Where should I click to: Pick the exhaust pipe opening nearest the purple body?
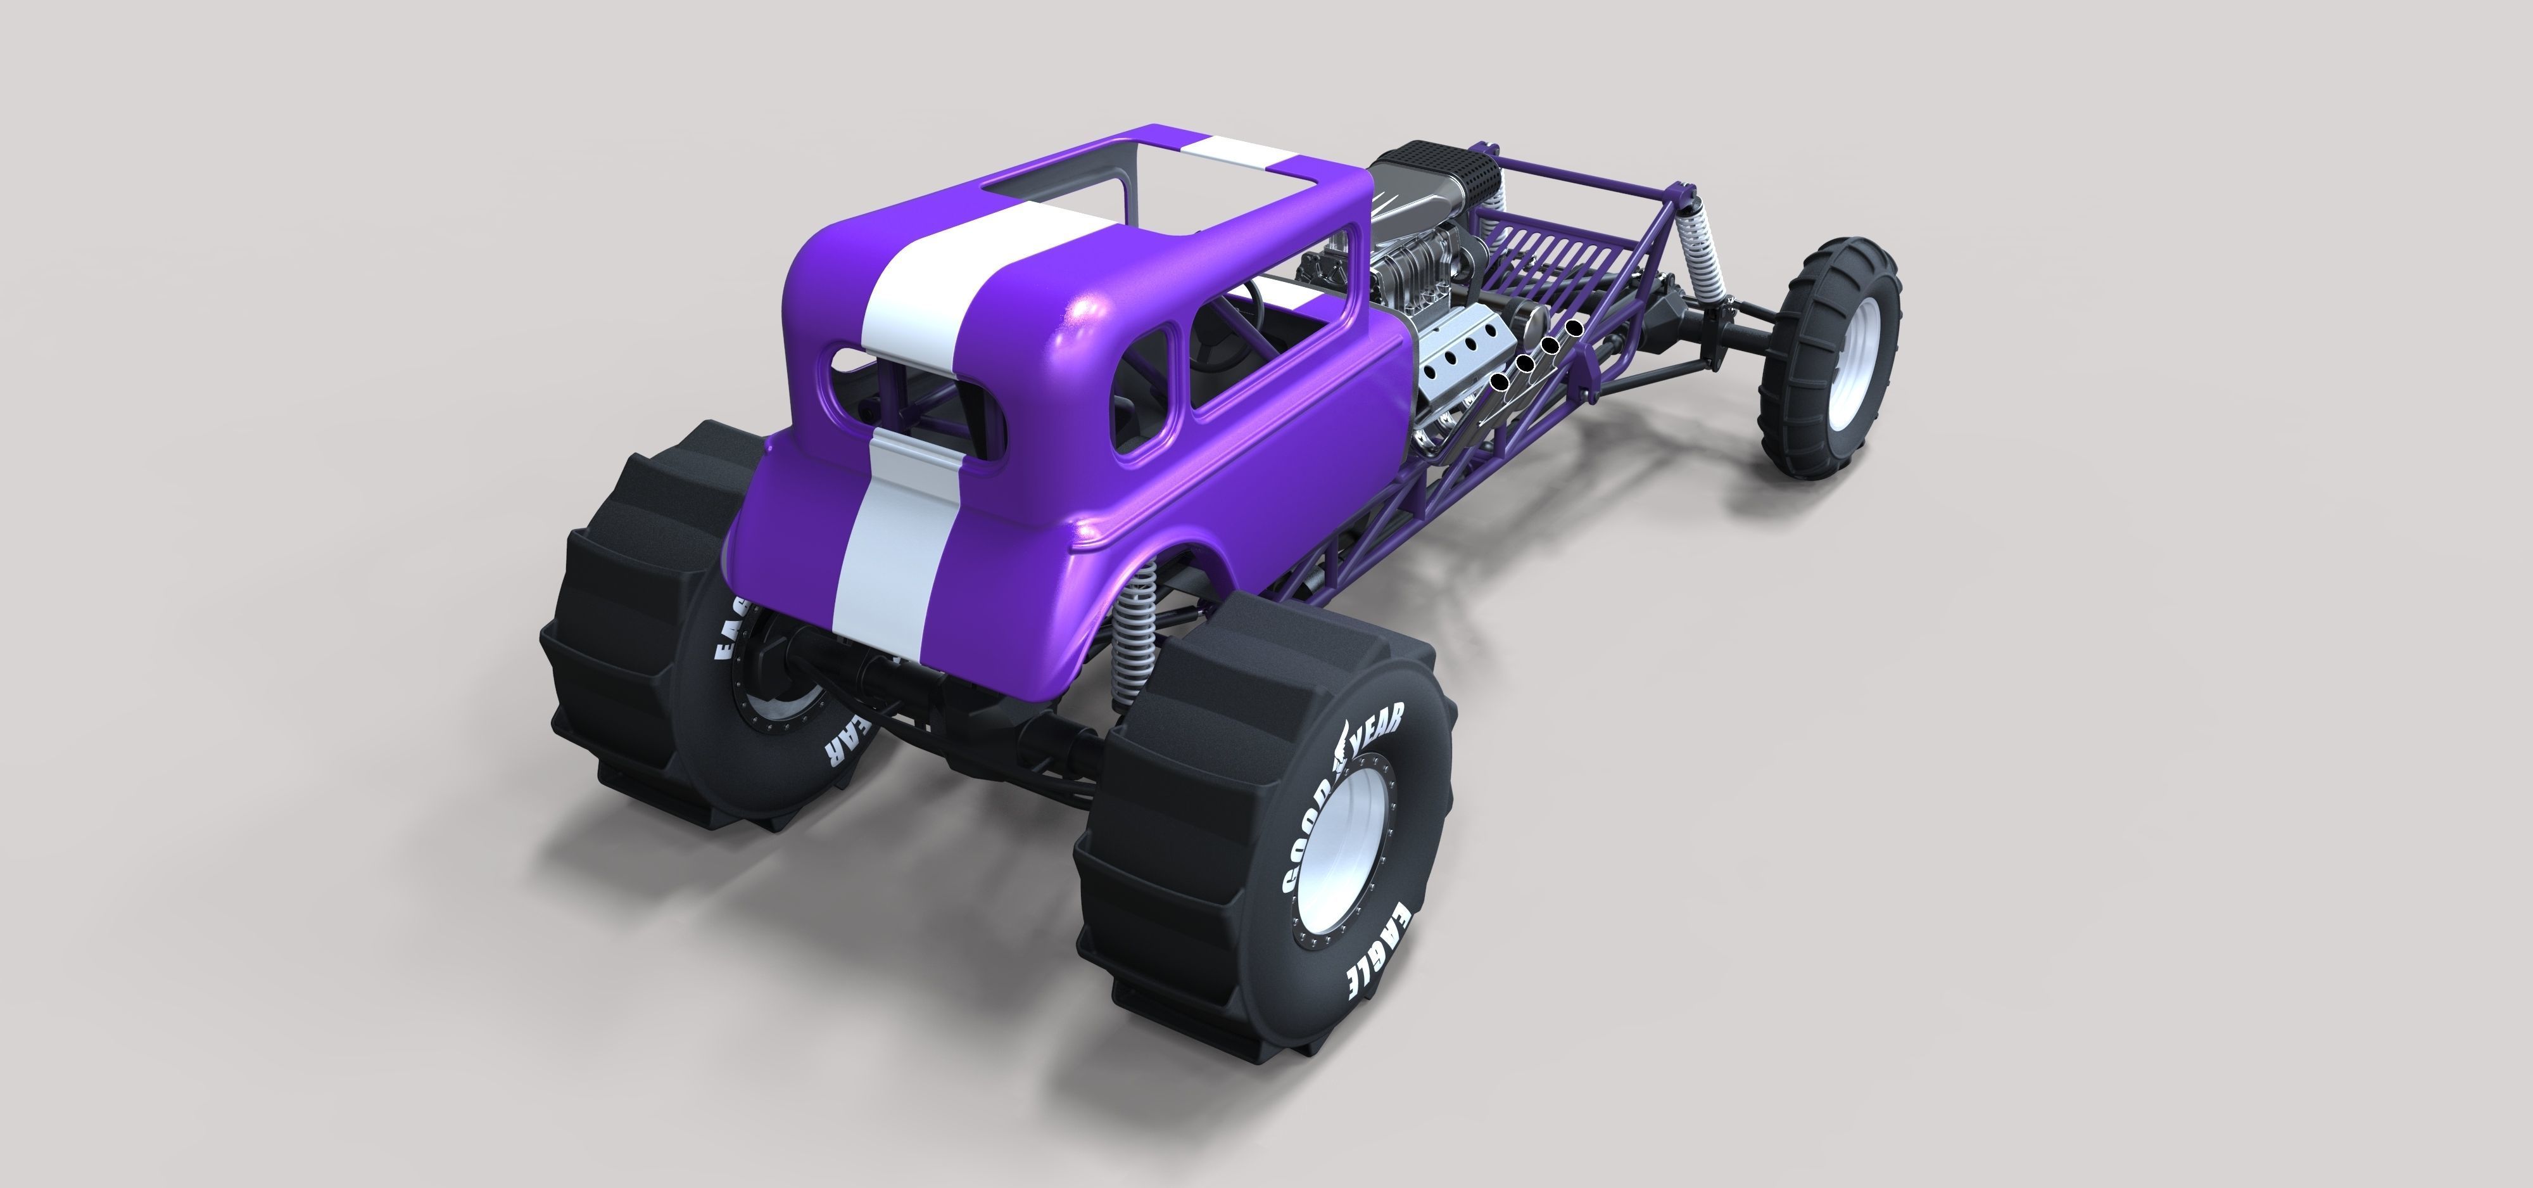point(1498,381)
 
